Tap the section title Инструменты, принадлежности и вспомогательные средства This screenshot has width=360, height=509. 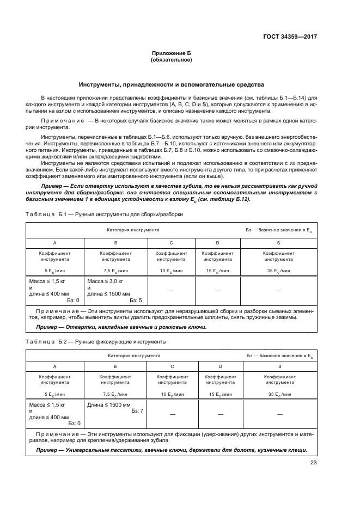pos(171,85)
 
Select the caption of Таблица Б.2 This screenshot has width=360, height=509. pos(96,341)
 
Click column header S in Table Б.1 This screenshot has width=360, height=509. pos(279,242)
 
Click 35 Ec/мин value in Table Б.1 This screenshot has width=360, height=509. pos(279,270)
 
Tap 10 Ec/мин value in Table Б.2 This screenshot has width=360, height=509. pos(172,394)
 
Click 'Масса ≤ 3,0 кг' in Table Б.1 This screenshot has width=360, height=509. pos(106,281)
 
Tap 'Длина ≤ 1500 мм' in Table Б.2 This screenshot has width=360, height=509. pos(109,405)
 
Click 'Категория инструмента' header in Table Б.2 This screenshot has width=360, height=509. pos(133,355)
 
